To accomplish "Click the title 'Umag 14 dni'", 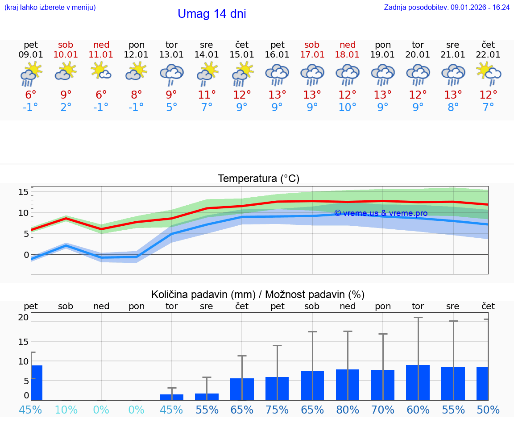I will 212,14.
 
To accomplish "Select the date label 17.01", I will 312,54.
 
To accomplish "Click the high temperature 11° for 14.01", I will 207,95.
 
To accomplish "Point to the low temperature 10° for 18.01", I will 347,108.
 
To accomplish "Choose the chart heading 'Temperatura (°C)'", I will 258,178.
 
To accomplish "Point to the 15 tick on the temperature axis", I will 23,192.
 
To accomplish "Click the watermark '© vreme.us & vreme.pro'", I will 381,213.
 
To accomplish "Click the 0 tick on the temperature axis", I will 26,255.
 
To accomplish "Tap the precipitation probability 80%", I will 347,410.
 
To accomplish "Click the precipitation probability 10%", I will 66,410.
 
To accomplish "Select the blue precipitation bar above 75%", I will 277,389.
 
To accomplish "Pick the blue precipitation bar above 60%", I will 418,382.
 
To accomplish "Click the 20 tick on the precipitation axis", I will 23,317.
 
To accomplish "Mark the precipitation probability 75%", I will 277,410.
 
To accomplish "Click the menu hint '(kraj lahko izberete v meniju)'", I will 50,7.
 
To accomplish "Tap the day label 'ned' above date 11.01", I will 101,45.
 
